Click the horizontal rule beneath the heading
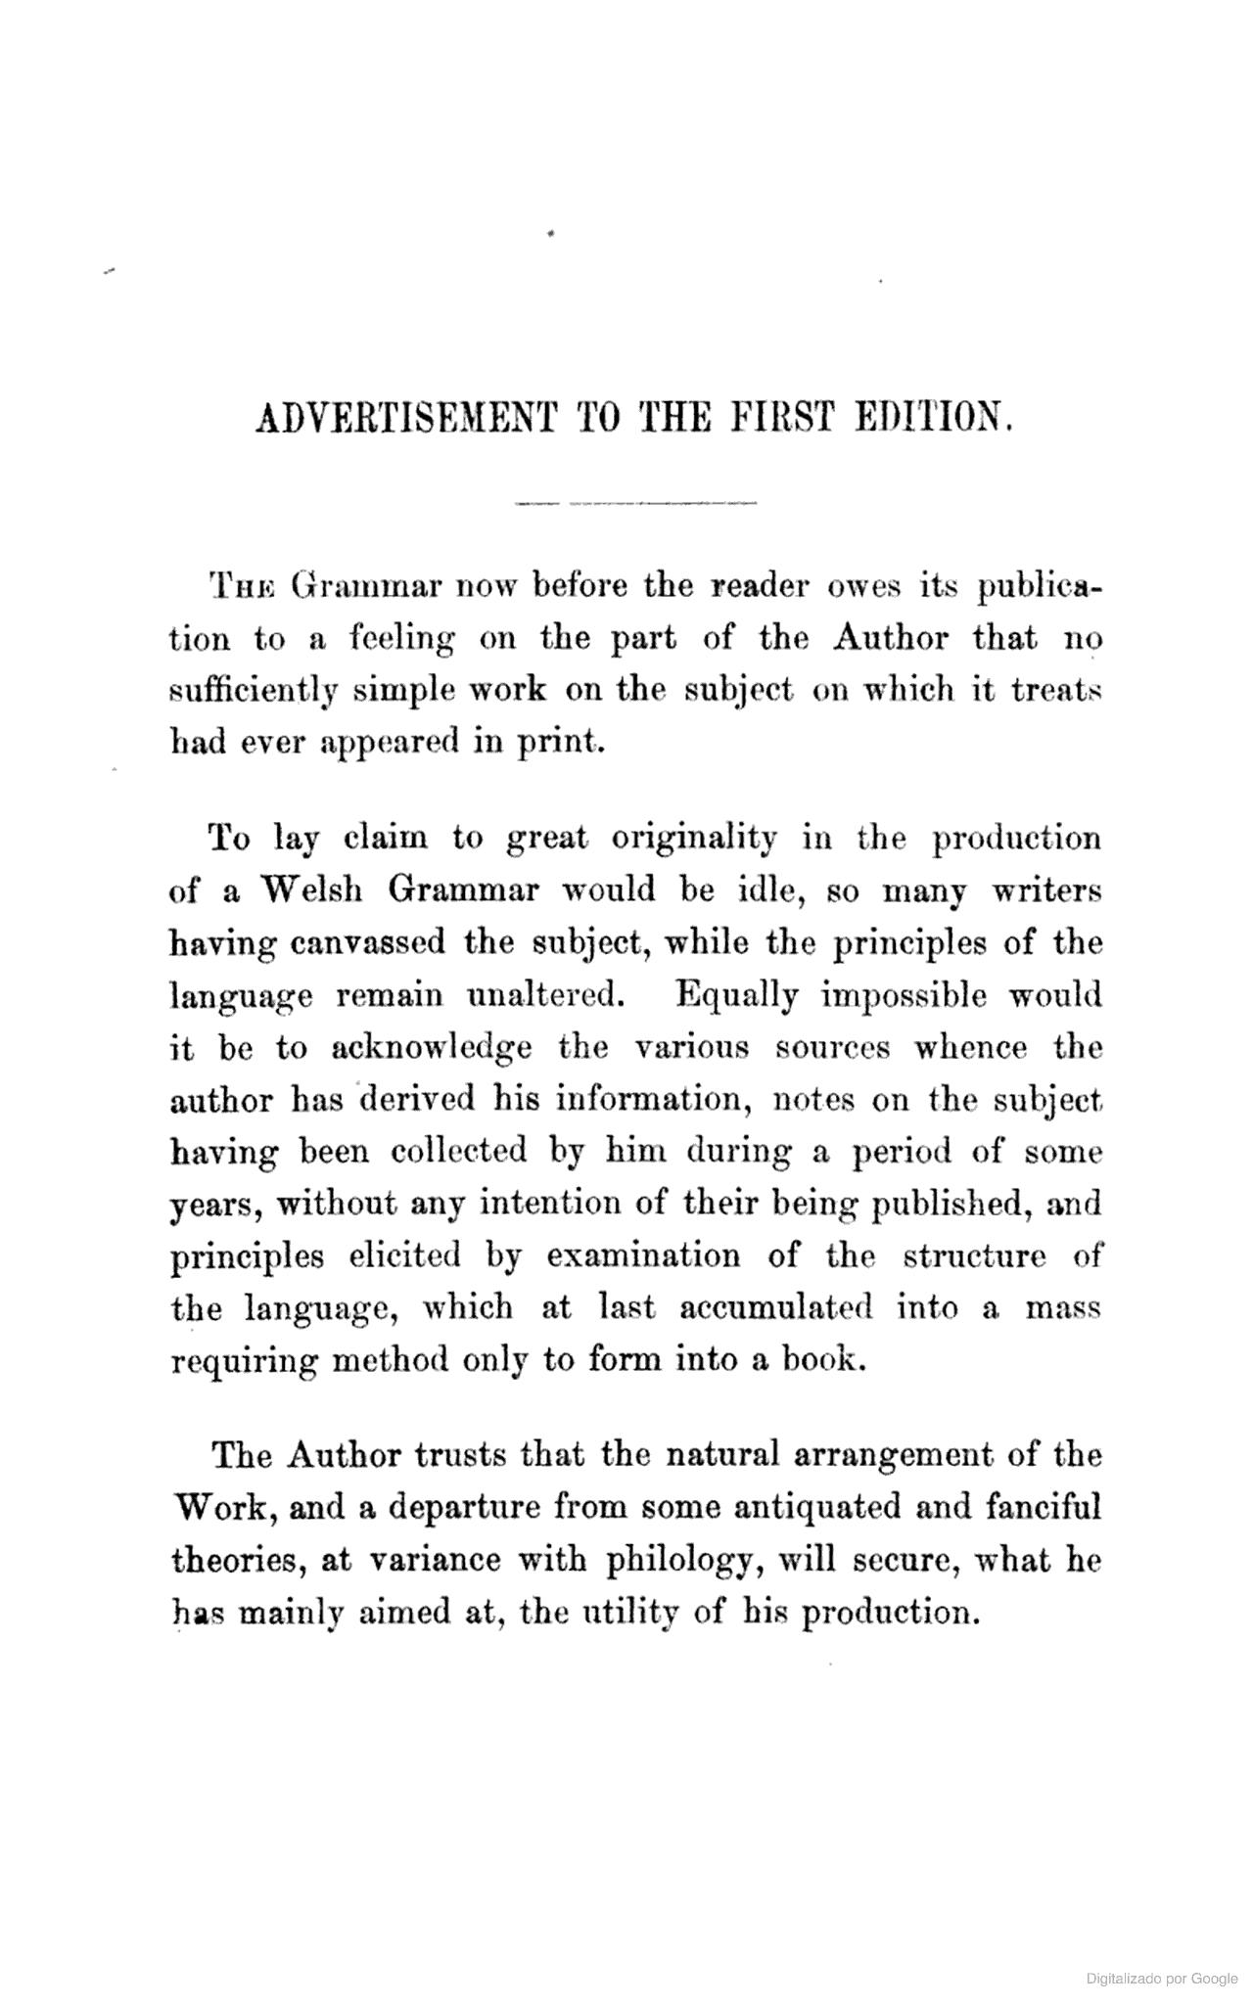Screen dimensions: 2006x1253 [635, 503]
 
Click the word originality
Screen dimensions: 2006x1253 [694, 840]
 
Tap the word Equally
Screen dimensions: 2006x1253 [737, 995]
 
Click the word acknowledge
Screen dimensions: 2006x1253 [432, 1047]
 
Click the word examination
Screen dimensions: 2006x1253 [643, 1255]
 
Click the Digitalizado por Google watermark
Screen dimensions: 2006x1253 [1162, 1979]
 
